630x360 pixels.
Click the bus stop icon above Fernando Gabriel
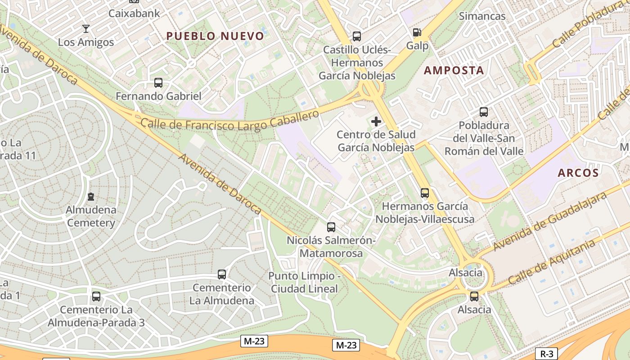pyautogui.click(x=158, y=83)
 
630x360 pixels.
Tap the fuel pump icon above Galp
pyautogui.click(x=417, y=32)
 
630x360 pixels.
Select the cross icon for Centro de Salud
pyautogui.click(x=376, y=121)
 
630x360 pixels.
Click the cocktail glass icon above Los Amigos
pyautogui.click(x=85, y=29)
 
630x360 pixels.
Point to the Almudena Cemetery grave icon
pyautogui.click(x=91, y=197)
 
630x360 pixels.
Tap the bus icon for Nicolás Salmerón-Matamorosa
pyautogui.click(x=331, y=227)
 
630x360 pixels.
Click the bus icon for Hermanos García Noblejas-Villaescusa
pyautogui.click(x=424, y=193)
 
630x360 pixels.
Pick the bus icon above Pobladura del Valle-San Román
pyautogui.click(x=484, y=112)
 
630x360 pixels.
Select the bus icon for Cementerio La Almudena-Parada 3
pyautogui.click(x=96, y=297)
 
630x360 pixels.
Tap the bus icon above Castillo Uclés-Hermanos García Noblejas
pyautogui.click(x=357, y=36)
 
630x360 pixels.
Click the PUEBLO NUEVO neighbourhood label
pyautogui.click(x=215, y=36)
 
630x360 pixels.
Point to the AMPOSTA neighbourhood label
pyautogui.click(x=454, y=70)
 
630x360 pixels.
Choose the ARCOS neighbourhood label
pyautogui.click(x=578, y=173)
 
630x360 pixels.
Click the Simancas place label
pyautogui.click(x=482, y=16)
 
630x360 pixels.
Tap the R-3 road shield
pyautogui.click(x=546, y=354)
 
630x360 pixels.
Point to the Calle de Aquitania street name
pyautogui.click(x=551, y=262)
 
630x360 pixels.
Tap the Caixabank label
pyautogui.click(x=134, y=13)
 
